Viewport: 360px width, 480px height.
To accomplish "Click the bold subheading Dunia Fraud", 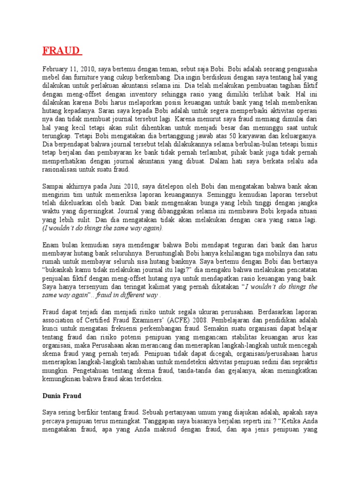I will (62, 396).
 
